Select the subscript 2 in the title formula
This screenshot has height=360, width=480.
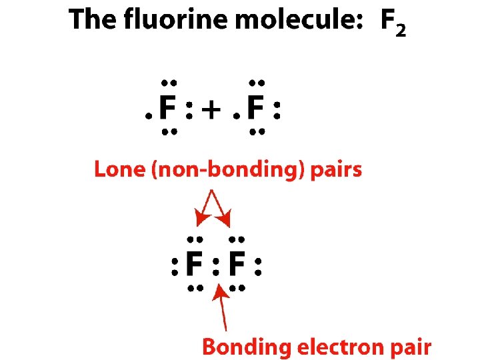(399, 31)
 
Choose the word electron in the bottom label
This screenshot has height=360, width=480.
(338, 347)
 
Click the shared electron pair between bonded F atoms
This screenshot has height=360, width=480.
(215, 267)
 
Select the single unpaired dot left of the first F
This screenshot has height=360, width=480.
(148, 115)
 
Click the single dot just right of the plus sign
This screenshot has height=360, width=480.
(235, 115)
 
